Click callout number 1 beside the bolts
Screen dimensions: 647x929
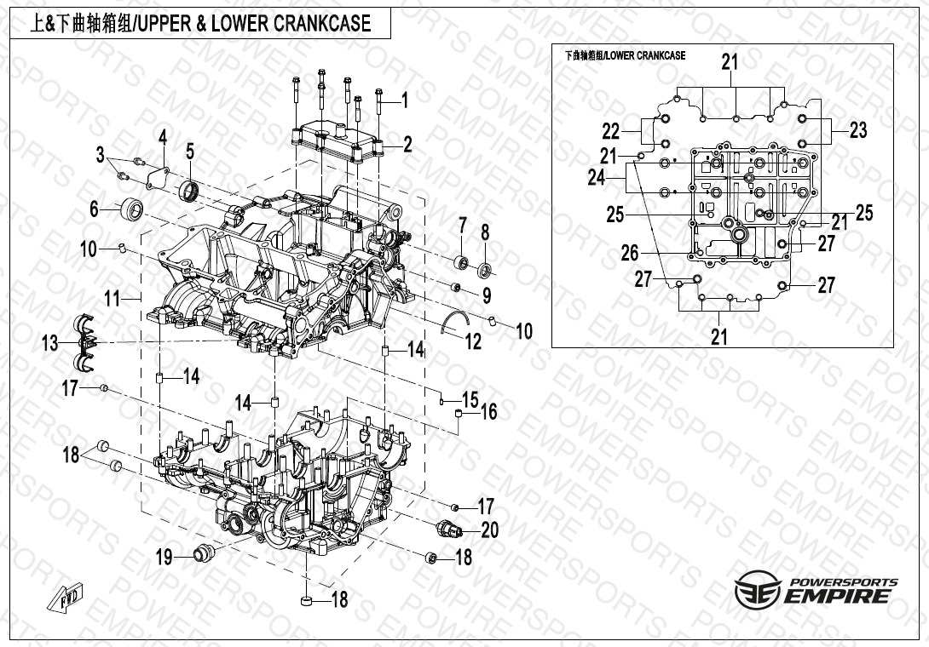[x=405, y=100]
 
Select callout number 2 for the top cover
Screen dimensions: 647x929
[x=407, y=145]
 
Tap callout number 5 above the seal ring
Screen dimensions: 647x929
[x=190, y=152]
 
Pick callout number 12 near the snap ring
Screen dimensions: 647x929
[x=472, y=341]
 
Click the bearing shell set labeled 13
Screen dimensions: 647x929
[x=85, y=343]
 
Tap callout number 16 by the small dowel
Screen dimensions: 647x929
[x=488, y=412]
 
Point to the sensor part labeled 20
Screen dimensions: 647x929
[x=449, y=530]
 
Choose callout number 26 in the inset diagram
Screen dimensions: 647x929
[x=629, y=253]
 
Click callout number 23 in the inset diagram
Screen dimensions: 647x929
[x=857, y=130]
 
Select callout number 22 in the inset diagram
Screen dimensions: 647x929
[x=611, y=132]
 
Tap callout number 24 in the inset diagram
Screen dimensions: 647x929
[x=596, y=177]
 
